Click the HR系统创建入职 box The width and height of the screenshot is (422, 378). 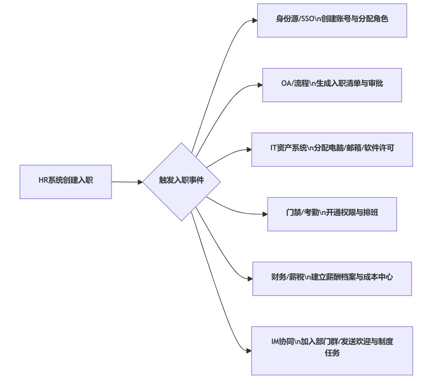pyautogui.click(x=65, y=182)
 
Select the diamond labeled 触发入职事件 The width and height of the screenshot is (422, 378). pyautogui.click(x=182, y=181)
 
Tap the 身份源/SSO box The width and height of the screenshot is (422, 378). pyautogui.click(x=332, y=20)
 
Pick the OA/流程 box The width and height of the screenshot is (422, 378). pyautogui.click(x=332, y=85)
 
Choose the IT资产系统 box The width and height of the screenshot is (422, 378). pyautogui.click(x=332, y=149)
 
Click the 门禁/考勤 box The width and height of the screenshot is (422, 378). pyautogui.click(x=332, y=214)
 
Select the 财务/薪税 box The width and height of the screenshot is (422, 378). pyautogui.click(x=332, y=278)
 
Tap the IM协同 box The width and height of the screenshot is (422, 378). pyautogui.click(x=332, y=350)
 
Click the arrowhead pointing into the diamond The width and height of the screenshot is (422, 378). pyautogui.click(x=140, y=182)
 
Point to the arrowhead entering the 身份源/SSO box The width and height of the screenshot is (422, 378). pyautogui.click(x=255, y=20)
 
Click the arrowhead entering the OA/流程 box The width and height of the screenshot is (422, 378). pyautogui.click(x=260, y=85)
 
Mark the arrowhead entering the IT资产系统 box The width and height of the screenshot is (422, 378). pyautogui.click(x=249, y=150)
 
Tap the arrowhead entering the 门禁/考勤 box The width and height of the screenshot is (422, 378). pyautogui.click(x=265, y=214)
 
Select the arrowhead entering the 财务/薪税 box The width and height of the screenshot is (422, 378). pyautogui.click(x=250, y=279)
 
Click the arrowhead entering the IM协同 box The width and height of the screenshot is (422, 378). pyautogui.click(x=249, y=351)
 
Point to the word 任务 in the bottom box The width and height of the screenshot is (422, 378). pyautogui.click(x=332, y=353)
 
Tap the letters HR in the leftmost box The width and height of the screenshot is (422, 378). pyautogui.click(x=43, y=180)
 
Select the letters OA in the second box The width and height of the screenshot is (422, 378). pyautogui.click(x=286, y=84)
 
